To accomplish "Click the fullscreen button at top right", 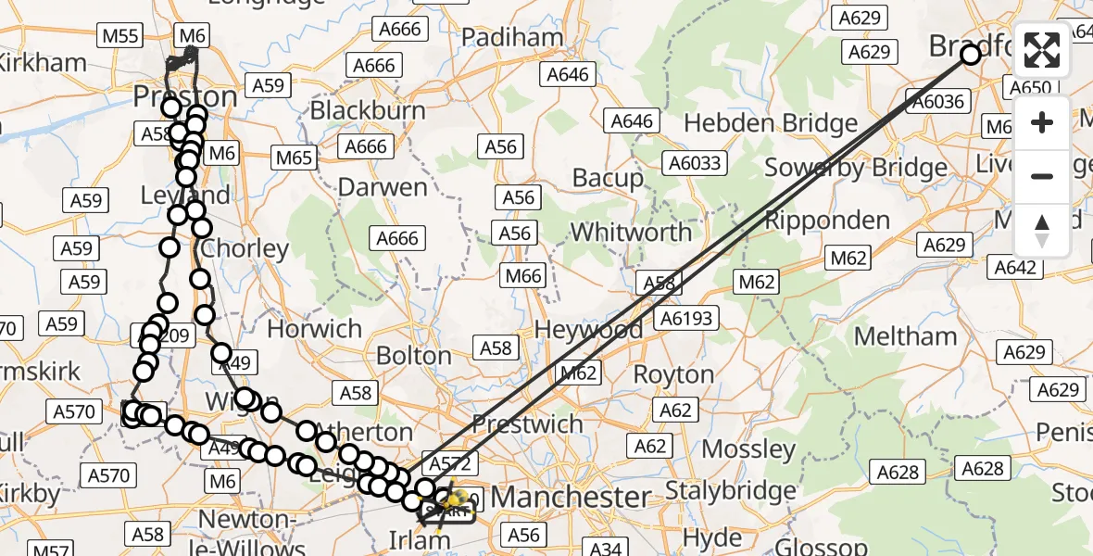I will tap(1042, 51).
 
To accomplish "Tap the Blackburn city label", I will tap(368, 110).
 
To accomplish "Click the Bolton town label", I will tap(413, 356).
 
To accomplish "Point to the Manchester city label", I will tap(570, 497).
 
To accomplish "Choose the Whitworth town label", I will tap(631, 232).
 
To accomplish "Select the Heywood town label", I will tap(589, 329).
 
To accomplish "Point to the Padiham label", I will tap(511, 37).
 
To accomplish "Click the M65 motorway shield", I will tap(294, 158).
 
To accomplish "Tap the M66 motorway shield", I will tap(523, 275).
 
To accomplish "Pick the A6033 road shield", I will tap(694, 164).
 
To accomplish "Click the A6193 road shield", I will tap(686, 319).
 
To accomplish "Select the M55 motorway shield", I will tap(119, 36).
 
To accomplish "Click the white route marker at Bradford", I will tap(970, 55).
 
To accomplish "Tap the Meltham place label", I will tap(905, 336).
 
